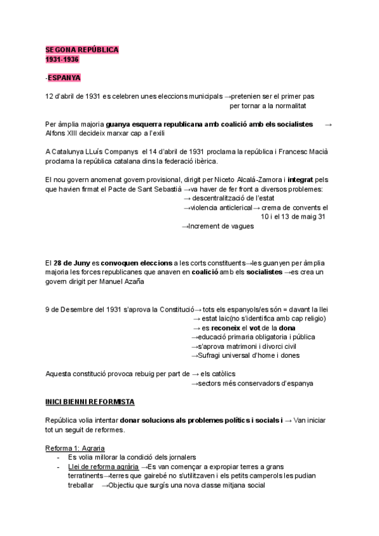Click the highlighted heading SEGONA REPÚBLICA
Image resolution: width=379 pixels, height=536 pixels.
pos(82,49)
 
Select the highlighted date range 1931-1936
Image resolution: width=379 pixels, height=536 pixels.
pos(63,59)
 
